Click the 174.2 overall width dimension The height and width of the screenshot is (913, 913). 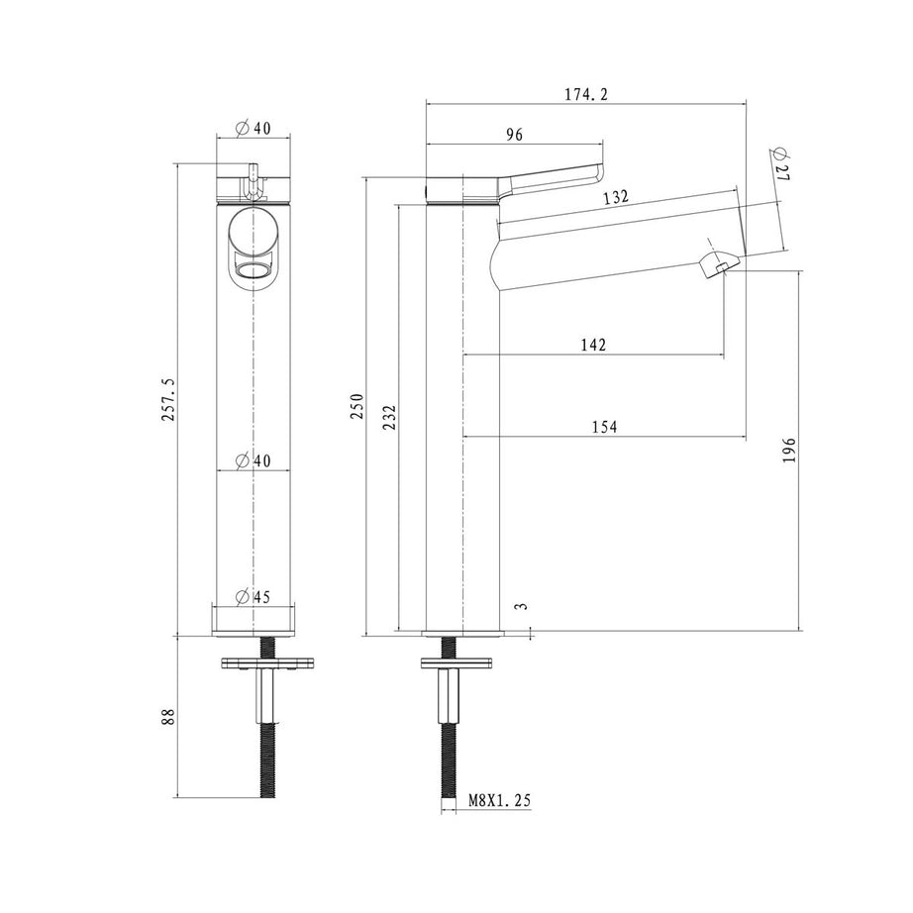click(586, 94)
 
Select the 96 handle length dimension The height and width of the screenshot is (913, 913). click(514, 135)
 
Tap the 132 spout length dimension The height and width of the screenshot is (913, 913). click(616, 197)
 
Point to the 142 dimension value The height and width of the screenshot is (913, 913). click(593, 346)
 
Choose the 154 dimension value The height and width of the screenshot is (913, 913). click(604, 427)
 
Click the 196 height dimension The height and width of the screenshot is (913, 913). click(789, 451)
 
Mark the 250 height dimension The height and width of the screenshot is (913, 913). click(356, 406)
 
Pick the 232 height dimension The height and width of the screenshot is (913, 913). click(389, 418)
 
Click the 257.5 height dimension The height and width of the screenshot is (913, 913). click(168, 399)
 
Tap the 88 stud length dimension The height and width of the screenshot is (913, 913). click(168, 716)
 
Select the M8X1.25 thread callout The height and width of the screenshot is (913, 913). click(500, 801)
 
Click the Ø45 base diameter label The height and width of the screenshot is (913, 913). click(253, 597)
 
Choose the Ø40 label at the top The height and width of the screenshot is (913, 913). click(253, 128)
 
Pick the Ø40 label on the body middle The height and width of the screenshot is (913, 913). click(253, 460)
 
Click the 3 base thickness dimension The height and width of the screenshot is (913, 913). click(522, 606)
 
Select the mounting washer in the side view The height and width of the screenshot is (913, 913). click(456, 662)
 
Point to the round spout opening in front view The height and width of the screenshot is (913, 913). click(253, 271)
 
